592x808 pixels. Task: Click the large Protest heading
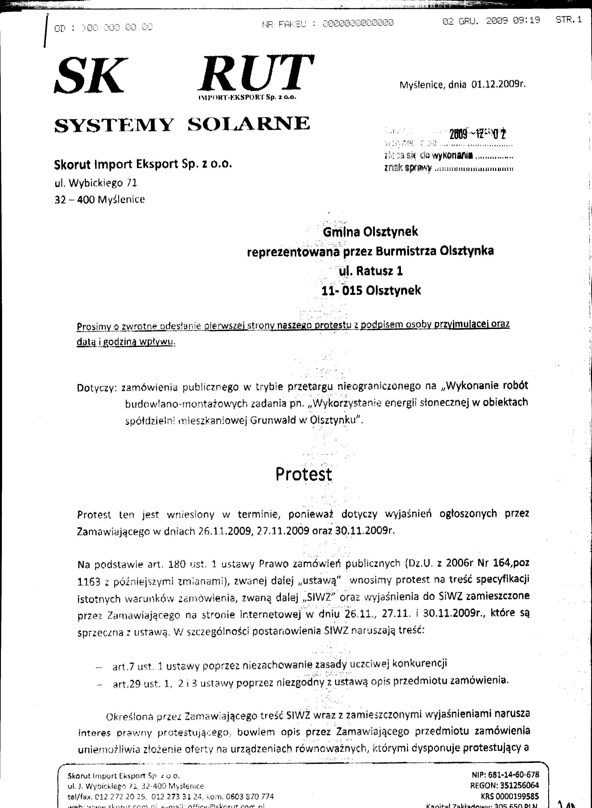coord(303,474)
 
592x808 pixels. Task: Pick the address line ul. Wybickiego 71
coord(96,183)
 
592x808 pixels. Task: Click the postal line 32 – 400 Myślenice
coord(100,200)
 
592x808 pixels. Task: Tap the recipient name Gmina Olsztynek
coord(370,232)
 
